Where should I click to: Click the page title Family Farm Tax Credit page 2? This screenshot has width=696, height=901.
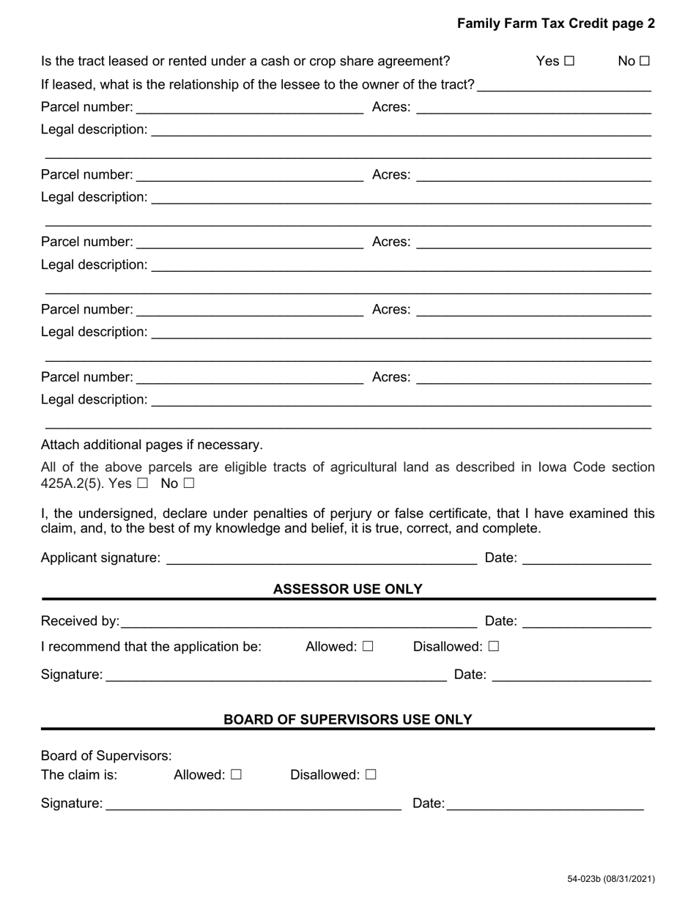(x=555, y=23)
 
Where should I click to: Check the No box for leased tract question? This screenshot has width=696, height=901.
(x=644, y=62)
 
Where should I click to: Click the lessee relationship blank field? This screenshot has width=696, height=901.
(x=564, y=85)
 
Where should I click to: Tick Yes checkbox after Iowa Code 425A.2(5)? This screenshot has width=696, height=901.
(x=142, y=483)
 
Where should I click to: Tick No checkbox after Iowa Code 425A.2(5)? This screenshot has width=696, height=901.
(x=189, y=483)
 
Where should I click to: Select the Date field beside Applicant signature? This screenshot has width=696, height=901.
(x=587, y=559)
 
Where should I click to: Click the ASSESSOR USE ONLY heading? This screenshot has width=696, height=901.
(x=347, y=589)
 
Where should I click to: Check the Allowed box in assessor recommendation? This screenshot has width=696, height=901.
(x=368, y=647)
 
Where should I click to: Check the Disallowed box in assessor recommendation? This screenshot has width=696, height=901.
(x=493, y=647)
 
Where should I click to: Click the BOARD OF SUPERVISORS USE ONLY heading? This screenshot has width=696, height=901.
(x=347, y=719)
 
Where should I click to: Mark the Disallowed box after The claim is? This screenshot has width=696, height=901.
(x=370, y=775)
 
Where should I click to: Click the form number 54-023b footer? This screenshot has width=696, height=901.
(x=610, y=879)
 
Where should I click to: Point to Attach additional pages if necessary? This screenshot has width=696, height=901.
(x=152, y=445)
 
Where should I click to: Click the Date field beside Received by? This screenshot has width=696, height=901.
(x=587, y=622)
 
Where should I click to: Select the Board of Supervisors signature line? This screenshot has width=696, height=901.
(x=253, y=804)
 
